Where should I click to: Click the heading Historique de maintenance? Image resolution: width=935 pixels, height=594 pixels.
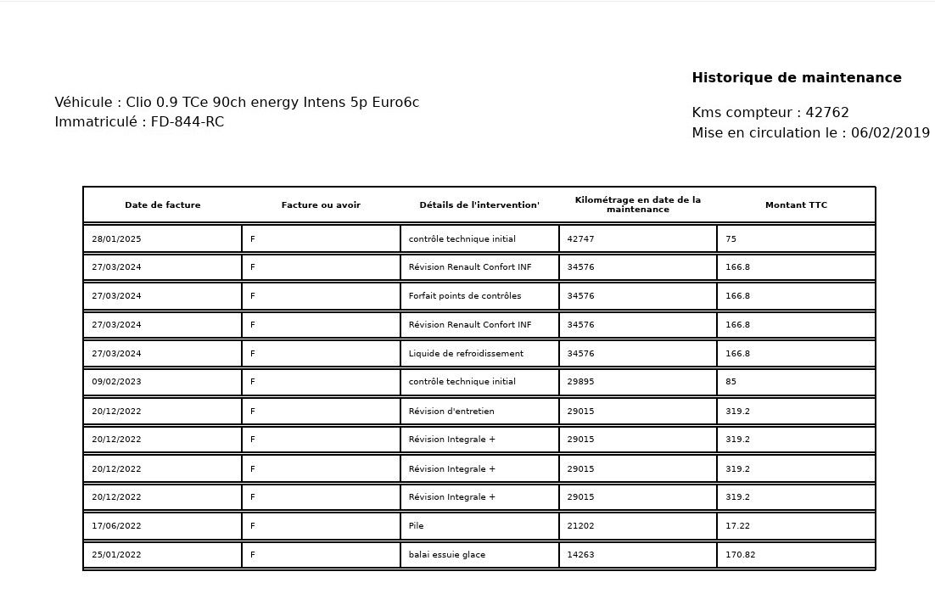[x=796, y=78]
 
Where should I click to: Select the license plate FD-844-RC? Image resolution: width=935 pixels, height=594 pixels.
[x=187, y=122]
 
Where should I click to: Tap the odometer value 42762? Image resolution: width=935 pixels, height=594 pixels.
[x=826, y=113]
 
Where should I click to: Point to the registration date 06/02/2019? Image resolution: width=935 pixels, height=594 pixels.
[x=890, y=133]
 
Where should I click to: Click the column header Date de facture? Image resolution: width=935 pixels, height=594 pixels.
[x=162, y=205]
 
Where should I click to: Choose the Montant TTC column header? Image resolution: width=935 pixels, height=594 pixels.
[x=795, y=205]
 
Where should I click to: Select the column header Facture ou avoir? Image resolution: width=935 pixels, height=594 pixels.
[x=321, y=205]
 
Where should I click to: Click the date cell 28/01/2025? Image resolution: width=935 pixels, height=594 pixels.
[x=117, y=239]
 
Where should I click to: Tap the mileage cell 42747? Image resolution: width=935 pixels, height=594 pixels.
[x=580, y=239]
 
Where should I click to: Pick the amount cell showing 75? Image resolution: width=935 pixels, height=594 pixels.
[x=731, y=239]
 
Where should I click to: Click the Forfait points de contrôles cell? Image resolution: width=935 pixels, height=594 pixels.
[x=465, y=296]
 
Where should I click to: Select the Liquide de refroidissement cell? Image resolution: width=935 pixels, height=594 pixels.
[x=466, y=354]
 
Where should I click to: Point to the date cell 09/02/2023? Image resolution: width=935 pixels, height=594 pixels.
[x=117, y=382]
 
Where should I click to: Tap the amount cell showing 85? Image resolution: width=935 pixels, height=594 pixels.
[x=731, y=382]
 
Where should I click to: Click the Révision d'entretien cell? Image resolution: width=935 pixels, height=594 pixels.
[x=451, y=412]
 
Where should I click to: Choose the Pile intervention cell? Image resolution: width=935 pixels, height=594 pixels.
[x=416, y=526]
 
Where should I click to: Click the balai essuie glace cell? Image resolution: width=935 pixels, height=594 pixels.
[x=446, y=555]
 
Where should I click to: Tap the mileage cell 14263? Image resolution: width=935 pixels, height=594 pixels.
[x=580, y=555]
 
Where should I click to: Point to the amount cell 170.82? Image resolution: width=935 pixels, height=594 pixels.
[x=740, y=555]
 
